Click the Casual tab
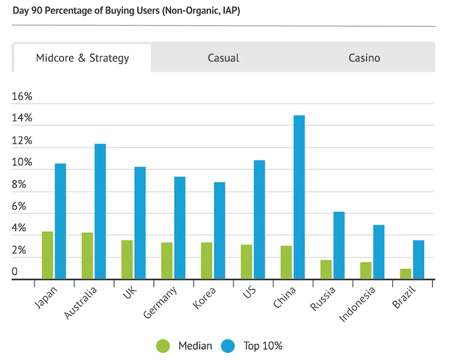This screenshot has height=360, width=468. click(223, 58)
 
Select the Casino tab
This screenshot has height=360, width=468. click(364, 58)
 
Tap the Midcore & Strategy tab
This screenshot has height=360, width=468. click(82, 58)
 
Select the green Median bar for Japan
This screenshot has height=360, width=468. click(47, 256)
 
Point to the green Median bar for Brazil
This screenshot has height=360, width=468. click(406, 274)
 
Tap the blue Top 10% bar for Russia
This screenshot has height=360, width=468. click(339, 245)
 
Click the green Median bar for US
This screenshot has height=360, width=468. click(247, 262)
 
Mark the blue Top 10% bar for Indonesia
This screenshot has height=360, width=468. click(379, 252)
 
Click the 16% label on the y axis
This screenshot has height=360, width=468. click(22, 97)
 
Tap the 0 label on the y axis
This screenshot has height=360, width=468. click(15, 272)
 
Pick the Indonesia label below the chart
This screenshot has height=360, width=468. click(358, 305)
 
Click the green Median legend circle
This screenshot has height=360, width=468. click(163, 345)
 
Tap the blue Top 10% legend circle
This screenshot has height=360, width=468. click(229, 345)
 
